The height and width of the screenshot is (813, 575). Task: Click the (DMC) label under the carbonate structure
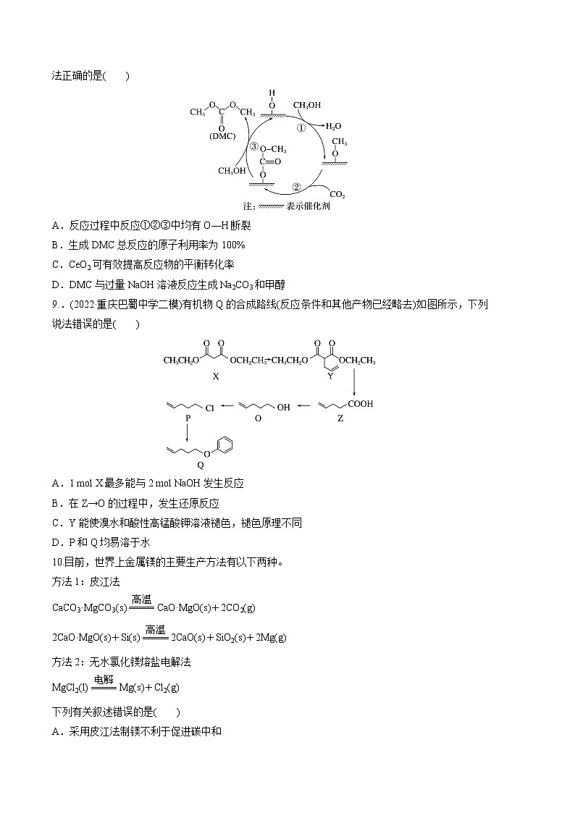222,135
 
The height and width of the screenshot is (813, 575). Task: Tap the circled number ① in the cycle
303,127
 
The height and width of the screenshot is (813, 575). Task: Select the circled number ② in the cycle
295,186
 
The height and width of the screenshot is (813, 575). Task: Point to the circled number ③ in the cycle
253,146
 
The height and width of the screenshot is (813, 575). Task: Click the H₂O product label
333,126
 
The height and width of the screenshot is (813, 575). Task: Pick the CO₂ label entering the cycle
337,194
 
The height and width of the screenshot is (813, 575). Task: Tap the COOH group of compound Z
360,404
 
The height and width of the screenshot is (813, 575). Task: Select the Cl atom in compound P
210,408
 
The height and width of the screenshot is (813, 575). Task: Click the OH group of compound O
283,408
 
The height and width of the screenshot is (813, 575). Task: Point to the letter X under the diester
215,377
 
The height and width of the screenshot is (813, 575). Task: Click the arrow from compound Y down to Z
354,380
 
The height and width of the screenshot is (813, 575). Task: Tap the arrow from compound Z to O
308,407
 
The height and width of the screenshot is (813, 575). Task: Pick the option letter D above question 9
55,285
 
